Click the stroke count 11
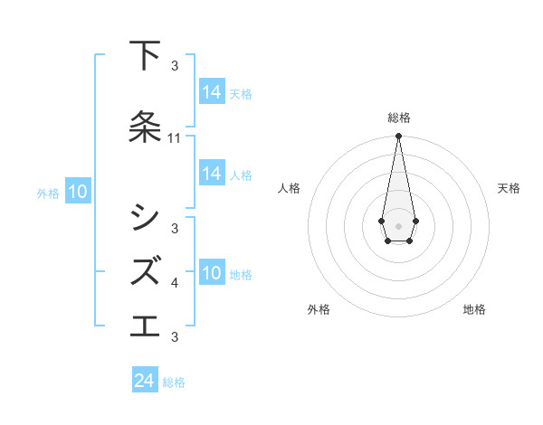coord(175,138)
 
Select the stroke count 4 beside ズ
coord(175,283)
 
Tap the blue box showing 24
coord(145,381)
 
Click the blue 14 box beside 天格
coord(212,92)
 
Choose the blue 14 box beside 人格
coord(212,174)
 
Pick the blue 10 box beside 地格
coord(212,273)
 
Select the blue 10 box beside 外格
coord(78,192)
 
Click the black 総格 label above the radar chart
coord(399,118)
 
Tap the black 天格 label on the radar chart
coord(510,188)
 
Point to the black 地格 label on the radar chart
coord(474,309)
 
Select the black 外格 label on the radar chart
coord(319,309)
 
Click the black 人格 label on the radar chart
coord(289,188)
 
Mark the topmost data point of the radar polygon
coord(398,137)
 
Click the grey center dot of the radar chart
coord(398,224)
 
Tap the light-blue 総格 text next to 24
coord(174,382)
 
